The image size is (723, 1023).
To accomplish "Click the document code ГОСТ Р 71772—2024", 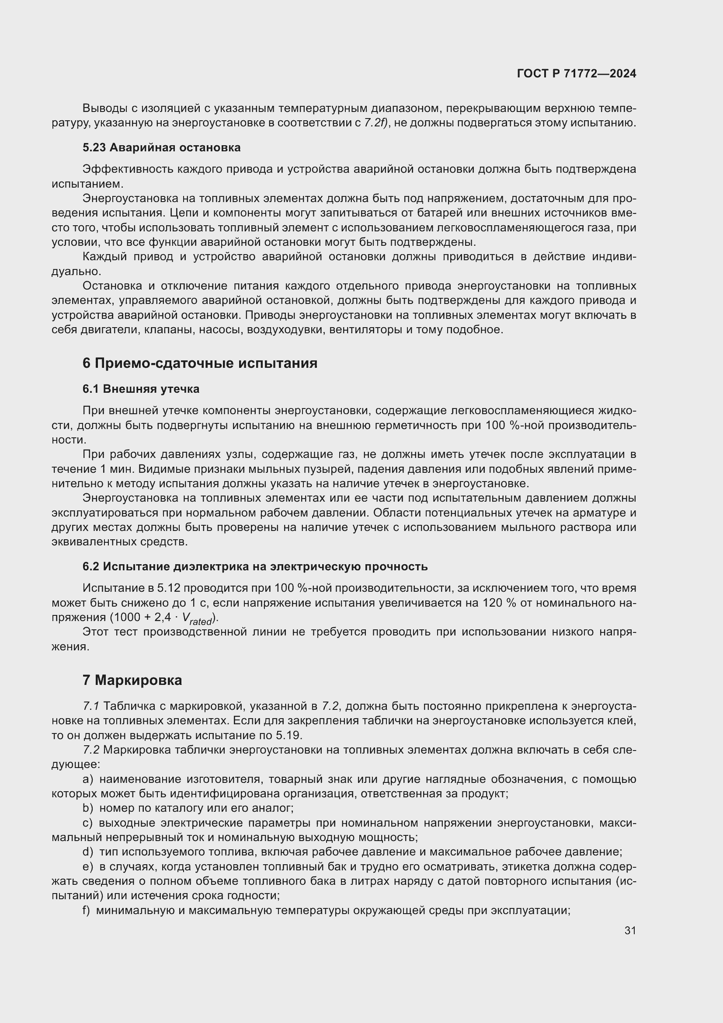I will [x=577, y=73].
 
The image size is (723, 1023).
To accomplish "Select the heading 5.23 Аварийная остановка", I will [x=161, y=147].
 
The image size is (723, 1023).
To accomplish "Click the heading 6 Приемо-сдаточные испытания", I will [x=199, y=363].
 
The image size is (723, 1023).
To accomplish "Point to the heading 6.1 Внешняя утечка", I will [x=141, y=389].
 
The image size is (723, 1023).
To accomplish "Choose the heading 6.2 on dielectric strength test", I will [x=255, y=567].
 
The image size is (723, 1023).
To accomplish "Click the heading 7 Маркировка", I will [x=132, y=681].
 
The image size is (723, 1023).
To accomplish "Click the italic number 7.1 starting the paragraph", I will [x=91, y=706].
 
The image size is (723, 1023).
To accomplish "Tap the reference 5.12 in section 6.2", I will [x=169, y=588].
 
